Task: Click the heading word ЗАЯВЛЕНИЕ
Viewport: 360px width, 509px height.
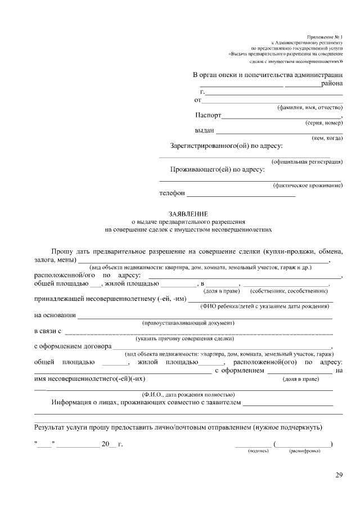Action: [188, 214]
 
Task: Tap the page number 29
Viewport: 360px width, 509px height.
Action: [339, 476]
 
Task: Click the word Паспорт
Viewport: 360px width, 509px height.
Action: [208, 115]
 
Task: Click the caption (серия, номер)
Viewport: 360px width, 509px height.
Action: [324, 123]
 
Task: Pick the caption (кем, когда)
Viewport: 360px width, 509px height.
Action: [327, 138]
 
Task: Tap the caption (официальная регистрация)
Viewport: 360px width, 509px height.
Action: [307, 161]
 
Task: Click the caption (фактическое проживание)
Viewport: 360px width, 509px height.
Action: [308, 185]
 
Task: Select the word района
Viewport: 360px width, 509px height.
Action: [332, 84]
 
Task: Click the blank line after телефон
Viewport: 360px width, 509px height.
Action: [241, 195]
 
